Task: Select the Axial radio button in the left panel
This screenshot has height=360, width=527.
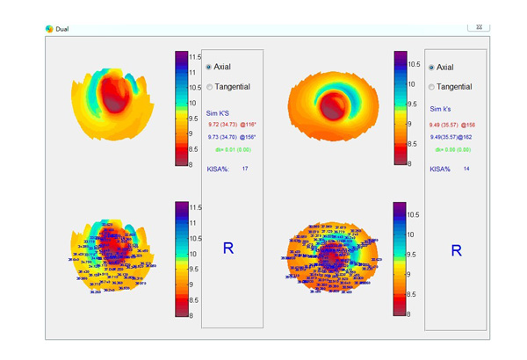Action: click(x=208, y=67)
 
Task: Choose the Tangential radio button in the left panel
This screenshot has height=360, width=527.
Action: click(x=208, y=87)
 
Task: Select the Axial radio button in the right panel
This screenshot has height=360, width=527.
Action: click(x=431, y=67)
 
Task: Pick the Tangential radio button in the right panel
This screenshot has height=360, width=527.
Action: click(x=431, y=87)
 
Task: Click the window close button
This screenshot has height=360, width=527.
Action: click(x=479, y=27)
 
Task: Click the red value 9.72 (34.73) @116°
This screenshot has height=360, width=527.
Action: click(x=230, y=125)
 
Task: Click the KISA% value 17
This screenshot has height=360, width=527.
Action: click(x=245, y=169)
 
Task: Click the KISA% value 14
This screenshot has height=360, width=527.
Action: click(x=467, y=169)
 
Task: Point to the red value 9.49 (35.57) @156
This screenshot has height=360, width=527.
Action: click(x=452, y=125)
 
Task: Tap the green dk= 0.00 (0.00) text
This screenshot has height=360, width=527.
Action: click(x=453, y=150)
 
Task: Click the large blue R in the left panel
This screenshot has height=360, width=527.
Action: click(x=228, y=248)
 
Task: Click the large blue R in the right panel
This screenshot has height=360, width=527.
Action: click(x=456, y=251)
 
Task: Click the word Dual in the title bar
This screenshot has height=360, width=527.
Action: click(x=62, y=28)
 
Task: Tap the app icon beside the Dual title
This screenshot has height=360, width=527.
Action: click(x=49, y=28)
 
